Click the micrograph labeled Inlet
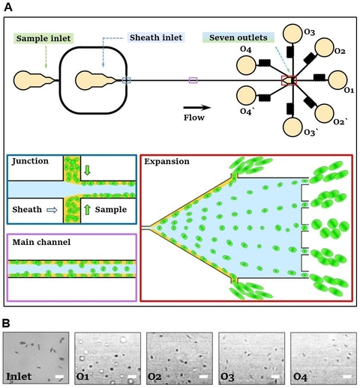pyautogui.click(x=37, y=357)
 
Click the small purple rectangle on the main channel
pyautogui.click(x=193, y=79)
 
